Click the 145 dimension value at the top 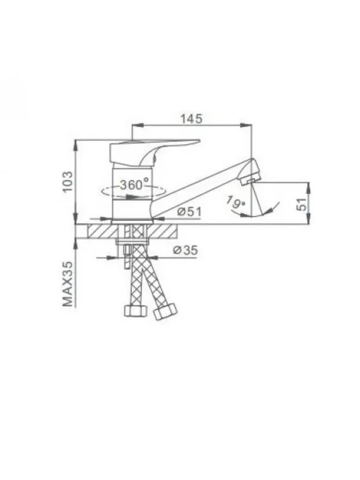[191, 119]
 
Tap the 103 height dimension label [68, 182]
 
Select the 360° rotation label [134, 184]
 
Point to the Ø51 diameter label [189, 211]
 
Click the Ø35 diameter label [186, 250]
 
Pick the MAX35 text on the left [68, 284]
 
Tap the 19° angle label [236, 202]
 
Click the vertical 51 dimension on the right [302, 204]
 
